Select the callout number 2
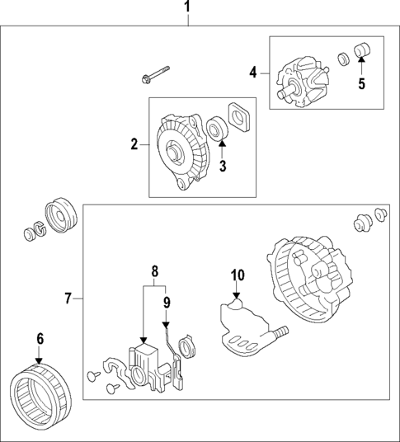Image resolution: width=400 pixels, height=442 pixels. [x=134, y=145]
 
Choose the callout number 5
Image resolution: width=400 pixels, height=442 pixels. [x=360, y=82]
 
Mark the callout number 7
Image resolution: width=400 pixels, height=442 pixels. [x=69, y=297]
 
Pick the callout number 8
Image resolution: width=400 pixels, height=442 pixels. [x=153, y=270]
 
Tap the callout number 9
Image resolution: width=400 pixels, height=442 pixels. [x=167, y=303]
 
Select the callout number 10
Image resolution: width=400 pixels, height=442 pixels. [x=237, y=274]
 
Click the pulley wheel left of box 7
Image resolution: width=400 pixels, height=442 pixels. [x=61, y=215]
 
